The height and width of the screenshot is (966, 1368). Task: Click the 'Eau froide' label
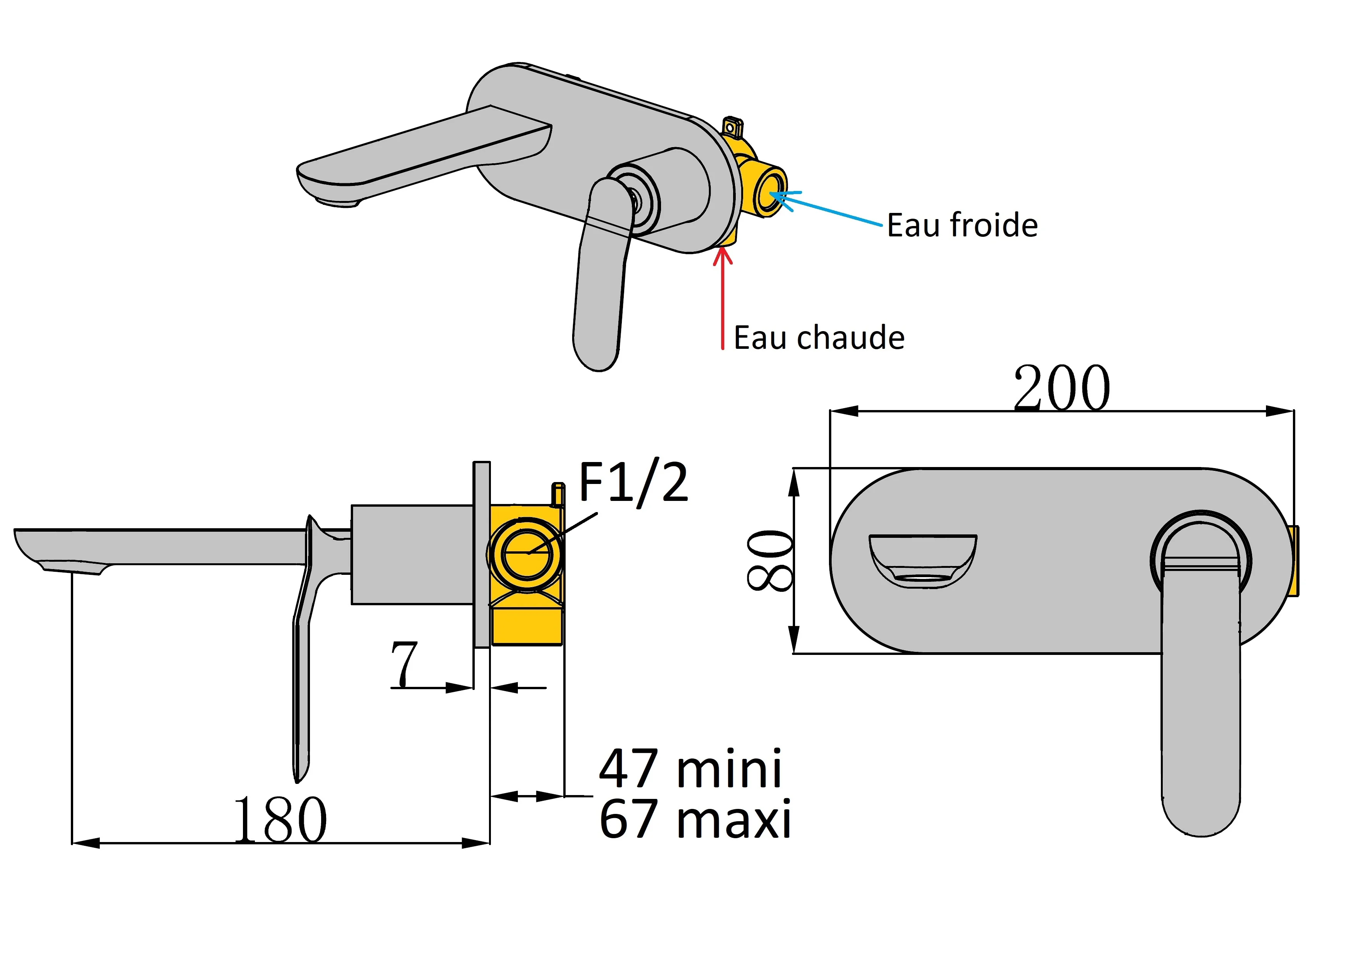(x=962, y=225)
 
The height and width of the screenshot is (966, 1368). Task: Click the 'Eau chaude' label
(x=819, y=338)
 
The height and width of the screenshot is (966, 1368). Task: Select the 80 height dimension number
(x=769, y=560)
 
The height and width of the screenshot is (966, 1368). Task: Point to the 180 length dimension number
(x=280, y=820)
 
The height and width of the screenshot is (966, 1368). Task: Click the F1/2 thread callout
(x=633, y=483)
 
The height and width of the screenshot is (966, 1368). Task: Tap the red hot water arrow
(x=722, y=298)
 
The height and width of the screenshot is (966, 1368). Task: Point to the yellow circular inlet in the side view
(x=526, y=553)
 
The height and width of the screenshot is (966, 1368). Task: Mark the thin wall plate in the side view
(x=481, y=554)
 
